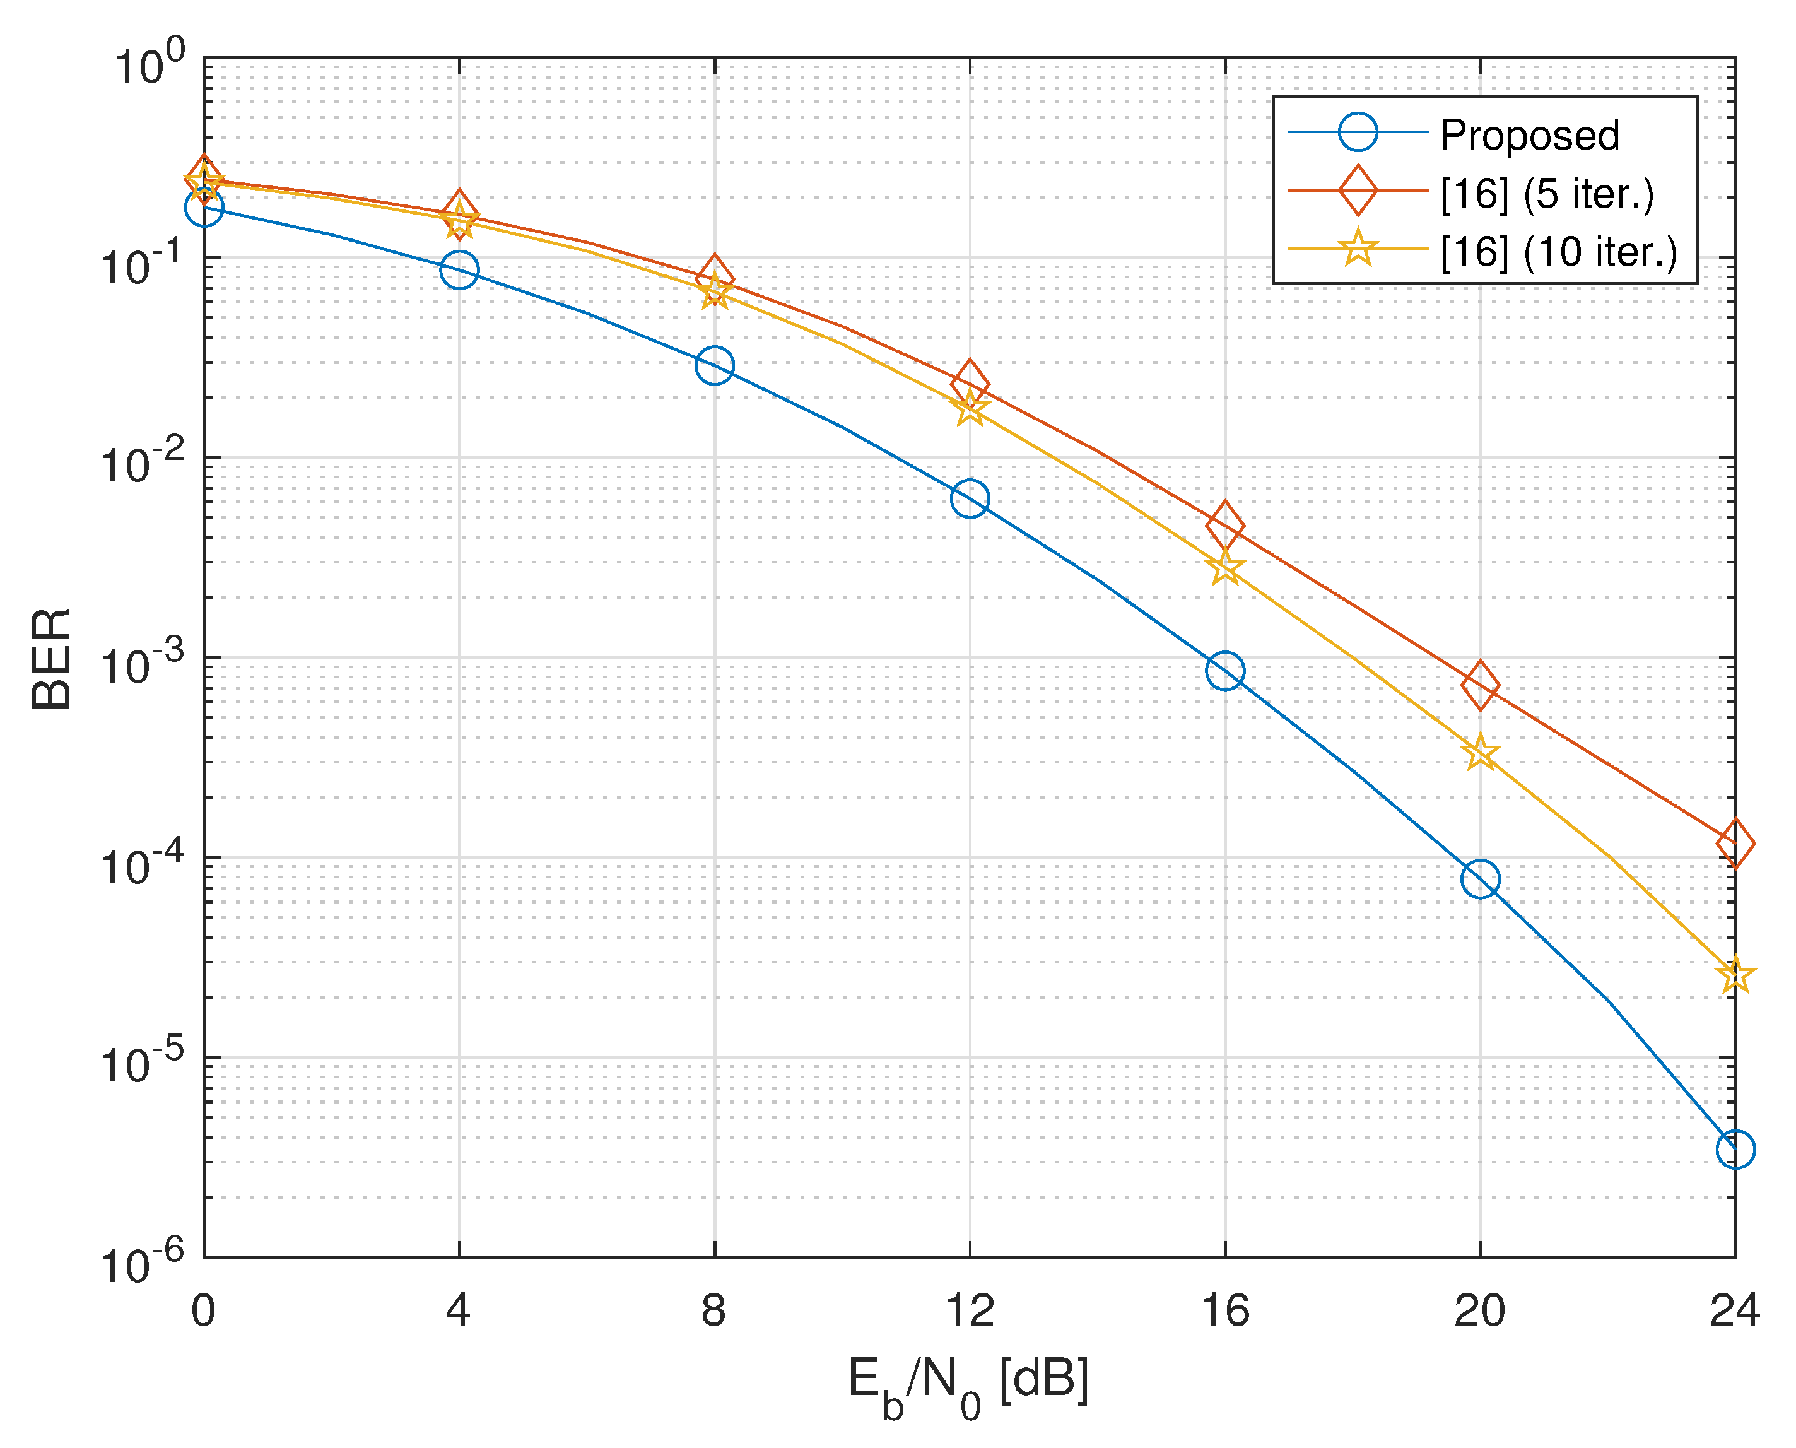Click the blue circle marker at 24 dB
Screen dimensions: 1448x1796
tap(1736, 1150)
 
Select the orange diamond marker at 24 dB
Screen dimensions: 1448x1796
tap(1736, 844)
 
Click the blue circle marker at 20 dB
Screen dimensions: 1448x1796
tap(1481, 879)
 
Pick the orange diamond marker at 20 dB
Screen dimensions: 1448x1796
tap(1481, 685)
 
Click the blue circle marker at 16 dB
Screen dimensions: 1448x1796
tap(1225, 671)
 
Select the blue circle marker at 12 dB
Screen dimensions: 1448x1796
tap(970, 499)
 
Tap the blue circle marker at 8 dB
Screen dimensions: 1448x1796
tap(715, 365)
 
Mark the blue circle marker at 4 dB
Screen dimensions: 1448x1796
tap(459, 269)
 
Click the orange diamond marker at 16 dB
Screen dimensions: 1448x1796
tap(1225, 526)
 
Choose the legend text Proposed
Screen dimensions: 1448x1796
tap(1530, 135)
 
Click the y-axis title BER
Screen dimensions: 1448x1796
tap(52, 659)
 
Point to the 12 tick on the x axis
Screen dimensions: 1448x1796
tap(970, 1310)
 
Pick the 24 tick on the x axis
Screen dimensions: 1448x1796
tap(1734, 1310)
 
